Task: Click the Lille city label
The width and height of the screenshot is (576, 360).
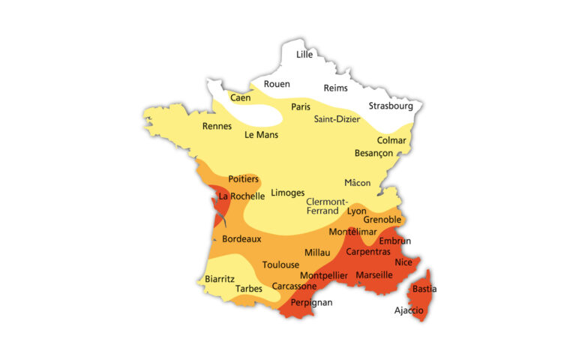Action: tap(304, 54)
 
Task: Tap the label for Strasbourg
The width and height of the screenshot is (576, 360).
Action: tap(391, 106)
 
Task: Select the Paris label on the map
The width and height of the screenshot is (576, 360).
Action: tap(301, 106)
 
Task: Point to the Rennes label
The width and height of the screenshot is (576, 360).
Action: tap(217, 126)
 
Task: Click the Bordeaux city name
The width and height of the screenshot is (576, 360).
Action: tap(241, 239)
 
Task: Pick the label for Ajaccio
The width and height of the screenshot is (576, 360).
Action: tap(409, 310)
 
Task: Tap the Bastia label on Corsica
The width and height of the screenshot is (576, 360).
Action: tap(424, 289)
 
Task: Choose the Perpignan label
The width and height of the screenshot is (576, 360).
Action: tap(311, 302)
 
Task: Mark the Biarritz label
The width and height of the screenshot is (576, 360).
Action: tap(220, 278)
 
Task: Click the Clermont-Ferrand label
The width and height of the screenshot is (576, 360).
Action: tap(327, 206)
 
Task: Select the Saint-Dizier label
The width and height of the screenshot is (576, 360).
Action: tap(337, 118)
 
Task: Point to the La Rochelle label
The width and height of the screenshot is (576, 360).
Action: tap(241, 196)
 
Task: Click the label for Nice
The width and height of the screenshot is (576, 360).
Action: tap(403, 262)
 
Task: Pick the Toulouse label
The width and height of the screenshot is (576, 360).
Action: tap(280, 265)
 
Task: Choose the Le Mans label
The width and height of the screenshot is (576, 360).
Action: tap(261, 135)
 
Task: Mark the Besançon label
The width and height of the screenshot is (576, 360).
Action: tap(373, 153)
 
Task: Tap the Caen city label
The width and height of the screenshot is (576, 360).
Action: tap(241, 97)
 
